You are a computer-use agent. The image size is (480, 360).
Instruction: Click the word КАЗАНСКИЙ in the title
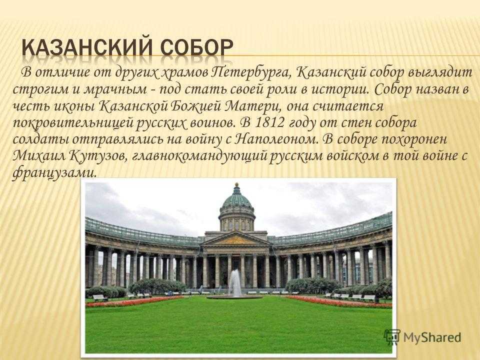86,48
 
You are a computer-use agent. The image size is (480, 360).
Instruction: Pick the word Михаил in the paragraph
39,156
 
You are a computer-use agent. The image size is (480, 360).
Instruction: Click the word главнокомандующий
200,156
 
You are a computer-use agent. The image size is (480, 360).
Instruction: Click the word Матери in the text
252,106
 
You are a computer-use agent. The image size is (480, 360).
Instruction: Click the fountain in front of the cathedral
235,283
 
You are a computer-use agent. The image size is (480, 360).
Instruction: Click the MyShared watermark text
432,337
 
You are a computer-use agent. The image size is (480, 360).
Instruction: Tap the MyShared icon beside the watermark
392,337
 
